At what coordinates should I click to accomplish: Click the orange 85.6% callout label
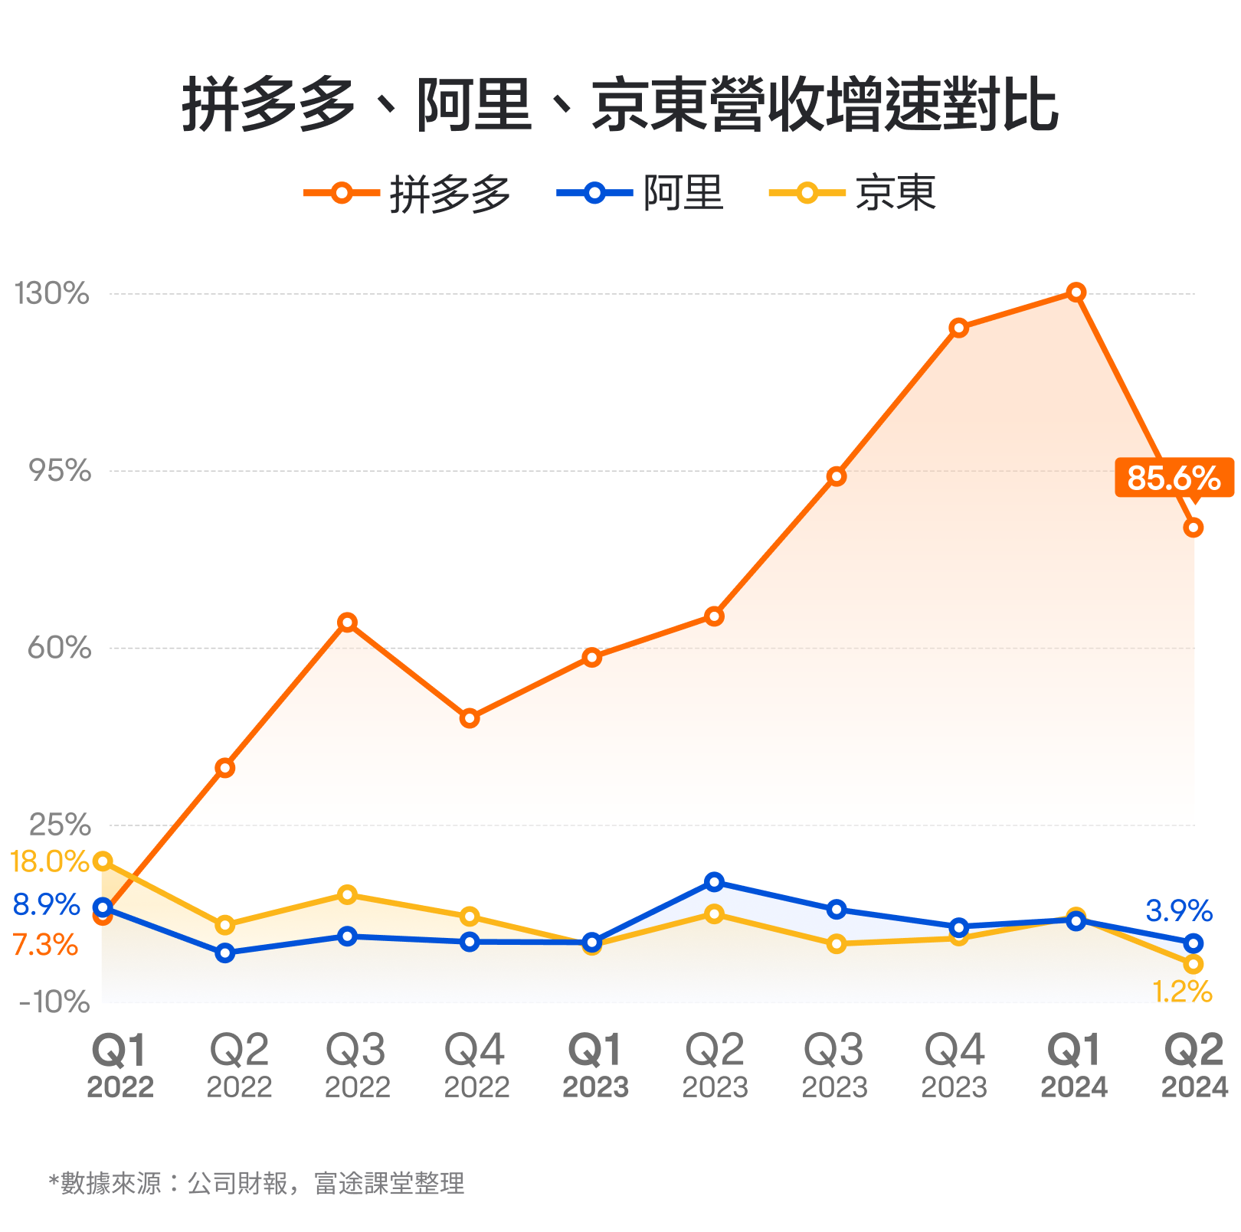pyautogui.click(x=1174, y=478)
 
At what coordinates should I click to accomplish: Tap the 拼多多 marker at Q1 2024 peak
pyautogui.click(x=1076, y=292)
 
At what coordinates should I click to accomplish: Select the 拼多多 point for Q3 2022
pyautogui.click(x=347, y=622)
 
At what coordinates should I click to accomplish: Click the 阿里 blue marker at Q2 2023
pyautogui.click(x=714, y=882)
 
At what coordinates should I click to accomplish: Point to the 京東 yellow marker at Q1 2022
pyautogui.click(x=103, y=861)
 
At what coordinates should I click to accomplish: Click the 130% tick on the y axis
pyautogui.click(x=52, y=293)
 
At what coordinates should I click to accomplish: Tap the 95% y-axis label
pyautogui.click(x=60, y=471)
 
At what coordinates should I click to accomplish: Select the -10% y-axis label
pyautogui.click(x=54, y=1002)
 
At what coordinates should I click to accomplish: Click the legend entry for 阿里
pyautogui.click(x=640, y=193)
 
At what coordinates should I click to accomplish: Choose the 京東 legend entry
pyautogui.click(x=853, y=193)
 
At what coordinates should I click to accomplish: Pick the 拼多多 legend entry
pyautogui.click(x=408, y=193)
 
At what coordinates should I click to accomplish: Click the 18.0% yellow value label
pyautogui.click(x=49, y=862)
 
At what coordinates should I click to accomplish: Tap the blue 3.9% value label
pyautogui.click(x=1178, y=911)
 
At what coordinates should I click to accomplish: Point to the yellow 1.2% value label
pyautogui.click(x=1182, y=992)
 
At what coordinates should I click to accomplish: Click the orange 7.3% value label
pyautogui.click(x=45, y=945)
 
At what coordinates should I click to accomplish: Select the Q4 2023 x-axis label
pyautogui.click(x=954, y=1065)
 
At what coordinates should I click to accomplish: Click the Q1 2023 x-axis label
pyautogui.click(x=595, y=1065)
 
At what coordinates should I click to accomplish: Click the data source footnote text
pyautogui.click(x=257, y=1183)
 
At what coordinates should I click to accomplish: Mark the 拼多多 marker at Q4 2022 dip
pyautogui.click(x=470, y=718)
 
